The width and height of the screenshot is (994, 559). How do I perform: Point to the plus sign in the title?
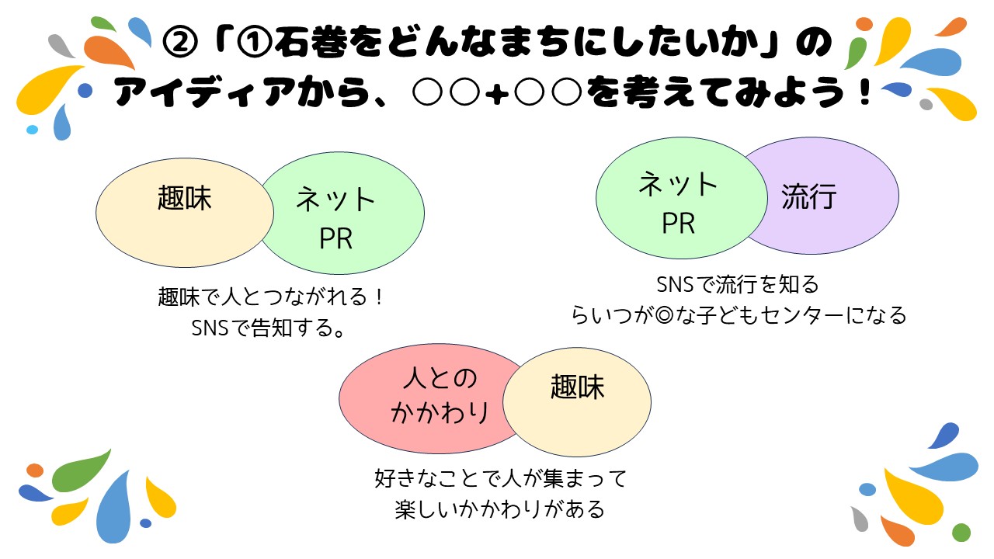pos(497,94)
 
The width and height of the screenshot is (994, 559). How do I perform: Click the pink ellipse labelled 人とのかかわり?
pos(429,398)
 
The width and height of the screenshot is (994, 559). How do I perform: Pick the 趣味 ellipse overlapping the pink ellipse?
pos(577,402)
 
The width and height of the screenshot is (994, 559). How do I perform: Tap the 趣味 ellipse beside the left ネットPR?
pos(185,213)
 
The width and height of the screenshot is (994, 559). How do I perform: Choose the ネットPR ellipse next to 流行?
pos(682,198)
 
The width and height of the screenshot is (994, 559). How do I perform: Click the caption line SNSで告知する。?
pos(269,328)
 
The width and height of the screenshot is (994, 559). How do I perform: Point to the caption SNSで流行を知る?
pos(738,284)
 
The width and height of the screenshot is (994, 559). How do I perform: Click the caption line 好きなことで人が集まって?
pos(501,478)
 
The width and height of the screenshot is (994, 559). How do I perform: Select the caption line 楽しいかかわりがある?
pos(500,509)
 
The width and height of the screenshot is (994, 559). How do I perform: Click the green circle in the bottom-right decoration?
pos(961,533)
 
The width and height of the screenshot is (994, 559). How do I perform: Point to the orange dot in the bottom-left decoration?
pos(35,470)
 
